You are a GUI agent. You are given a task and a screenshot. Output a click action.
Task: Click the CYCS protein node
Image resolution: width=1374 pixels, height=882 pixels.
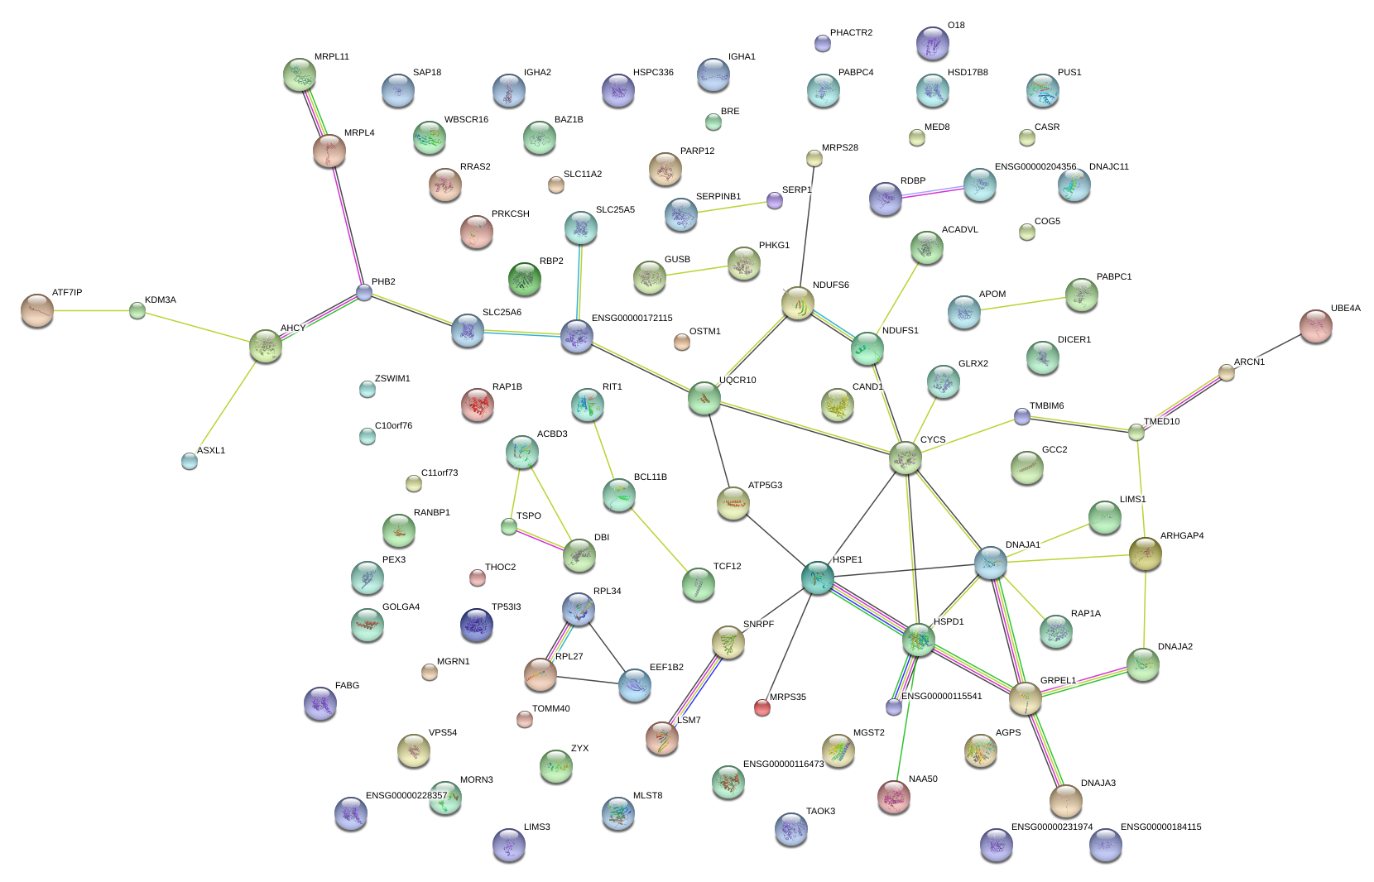point(905,458)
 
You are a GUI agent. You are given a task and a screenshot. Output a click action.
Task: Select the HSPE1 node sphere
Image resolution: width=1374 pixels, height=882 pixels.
point(817,578)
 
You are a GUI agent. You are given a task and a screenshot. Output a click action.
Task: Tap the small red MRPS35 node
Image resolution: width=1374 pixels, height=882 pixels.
point(762,707)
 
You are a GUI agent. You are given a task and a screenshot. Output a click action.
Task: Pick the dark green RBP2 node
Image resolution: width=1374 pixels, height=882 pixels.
point(524,279)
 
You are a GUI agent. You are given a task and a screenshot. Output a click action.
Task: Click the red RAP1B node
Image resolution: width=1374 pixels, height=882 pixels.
point(478,405)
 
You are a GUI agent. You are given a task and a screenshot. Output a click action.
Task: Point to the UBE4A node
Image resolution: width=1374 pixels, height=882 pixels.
point(1315,326)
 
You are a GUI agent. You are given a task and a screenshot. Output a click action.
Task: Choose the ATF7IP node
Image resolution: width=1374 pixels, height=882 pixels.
point(36,310)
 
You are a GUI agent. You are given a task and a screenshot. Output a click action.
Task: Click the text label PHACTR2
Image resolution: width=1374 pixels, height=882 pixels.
point(851,33)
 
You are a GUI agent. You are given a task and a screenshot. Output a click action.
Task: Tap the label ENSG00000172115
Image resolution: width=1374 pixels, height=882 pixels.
point(632,319)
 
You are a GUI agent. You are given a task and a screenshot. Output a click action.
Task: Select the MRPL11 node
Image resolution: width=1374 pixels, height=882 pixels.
point(299,74)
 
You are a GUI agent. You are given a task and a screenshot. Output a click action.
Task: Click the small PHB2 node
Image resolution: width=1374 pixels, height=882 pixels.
point(364,292)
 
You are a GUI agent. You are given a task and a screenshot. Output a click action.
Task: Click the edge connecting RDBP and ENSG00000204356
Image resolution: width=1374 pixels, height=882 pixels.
point(932,192)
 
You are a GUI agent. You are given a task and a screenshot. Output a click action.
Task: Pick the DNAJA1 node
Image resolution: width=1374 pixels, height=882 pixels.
point(990,563)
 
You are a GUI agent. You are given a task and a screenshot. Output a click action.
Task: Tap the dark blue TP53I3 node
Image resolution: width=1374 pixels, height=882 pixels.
point(476,625)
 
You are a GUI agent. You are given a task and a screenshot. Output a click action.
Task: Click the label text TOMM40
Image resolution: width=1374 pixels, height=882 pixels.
point(550,709)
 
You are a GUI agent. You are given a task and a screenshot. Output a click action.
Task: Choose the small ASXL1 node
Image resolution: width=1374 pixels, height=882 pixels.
point(190,462)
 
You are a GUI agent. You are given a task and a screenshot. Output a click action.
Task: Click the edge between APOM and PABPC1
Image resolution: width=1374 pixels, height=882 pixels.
point(1022,304)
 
